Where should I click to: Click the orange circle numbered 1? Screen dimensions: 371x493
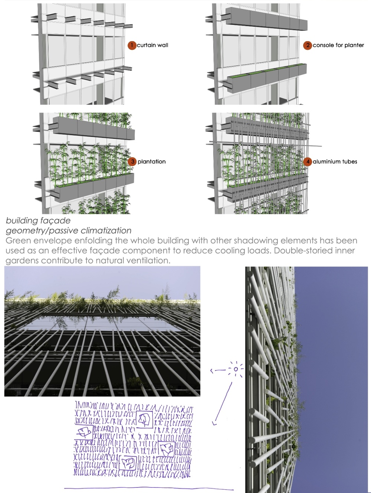tap(132, 45)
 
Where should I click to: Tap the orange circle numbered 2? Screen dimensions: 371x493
tap(308, 45)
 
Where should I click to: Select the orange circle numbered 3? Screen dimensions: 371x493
tap(132, 162)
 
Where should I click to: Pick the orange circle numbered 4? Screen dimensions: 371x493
tap(308, 162)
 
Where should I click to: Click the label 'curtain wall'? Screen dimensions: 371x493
tap(152, 45)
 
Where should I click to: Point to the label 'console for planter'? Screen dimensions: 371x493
tap(338, 45)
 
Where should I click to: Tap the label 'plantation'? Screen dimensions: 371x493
tap(151, 162)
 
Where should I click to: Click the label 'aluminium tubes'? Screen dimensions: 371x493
tap(335, 161)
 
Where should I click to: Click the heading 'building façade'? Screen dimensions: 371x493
tap(38, 221)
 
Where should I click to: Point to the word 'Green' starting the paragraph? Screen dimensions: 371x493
tap(17, 241)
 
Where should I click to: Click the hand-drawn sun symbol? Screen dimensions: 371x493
tap(236, 369)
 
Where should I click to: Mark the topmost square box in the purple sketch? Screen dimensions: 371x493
tap(144, 419)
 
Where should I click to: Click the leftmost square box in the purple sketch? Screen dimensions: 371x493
tap(84, 432)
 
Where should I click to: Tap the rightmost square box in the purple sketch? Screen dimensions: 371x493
tap(167, 449)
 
